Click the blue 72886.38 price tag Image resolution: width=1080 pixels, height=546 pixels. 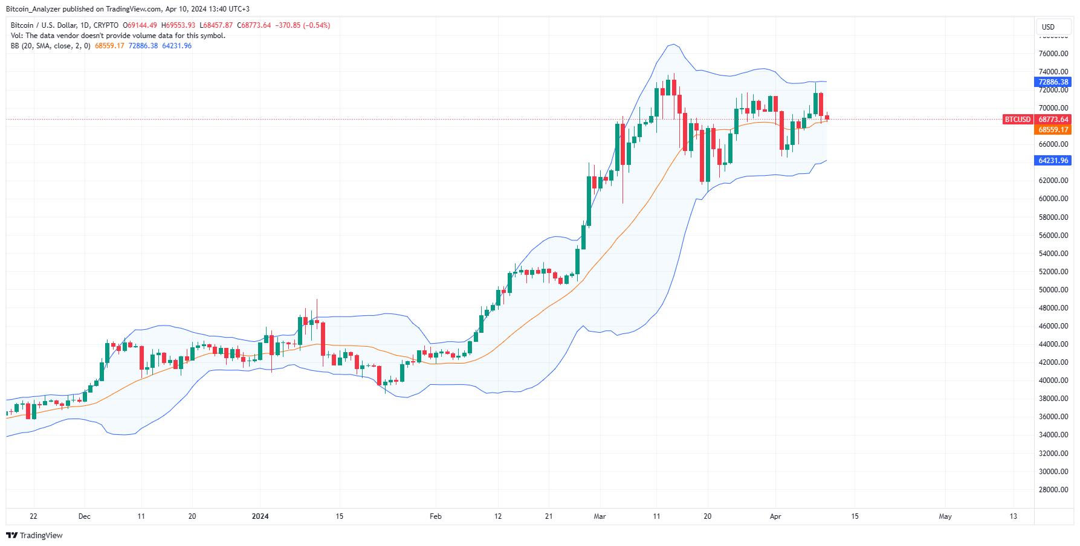(1053, 82)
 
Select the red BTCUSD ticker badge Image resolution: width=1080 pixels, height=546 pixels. (1017, 120)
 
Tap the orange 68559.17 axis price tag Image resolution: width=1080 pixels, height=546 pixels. (1053, 130)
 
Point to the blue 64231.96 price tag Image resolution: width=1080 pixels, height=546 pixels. (1053, 161)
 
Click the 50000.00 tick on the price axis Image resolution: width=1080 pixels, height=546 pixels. (1053, 290)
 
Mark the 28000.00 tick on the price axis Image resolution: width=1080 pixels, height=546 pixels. (1053, 490)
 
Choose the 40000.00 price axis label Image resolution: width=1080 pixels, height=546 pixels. (1053, 381)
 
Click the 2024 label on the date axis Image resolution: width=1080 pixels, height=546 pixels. (260, 516)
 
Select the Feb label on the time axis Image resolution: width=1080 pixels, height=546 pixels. (435, 516)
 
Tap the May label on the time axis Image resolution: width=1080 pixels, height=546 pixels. (945, 516)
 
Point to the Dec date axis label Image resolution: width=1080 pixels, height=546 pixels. (85, 516)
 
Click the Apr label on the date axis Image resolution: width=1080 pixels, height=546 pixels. (775, 516)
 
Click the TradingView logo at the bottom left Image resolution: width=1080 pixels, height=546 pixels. (34, 536)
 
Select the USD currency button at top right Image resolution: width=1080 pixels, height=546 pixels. (1048, 27)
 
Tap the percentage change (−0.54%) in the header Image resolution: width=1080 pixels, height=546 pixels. (316, 25)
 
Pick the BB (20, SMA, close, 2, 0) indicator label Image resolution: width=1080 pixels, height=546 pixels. (51, 46)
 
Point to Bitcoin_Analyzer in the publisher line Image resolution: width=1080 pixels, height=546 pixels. (34, 9)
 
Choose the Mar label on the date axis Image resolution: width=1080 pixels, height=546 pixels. (600, 516)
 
